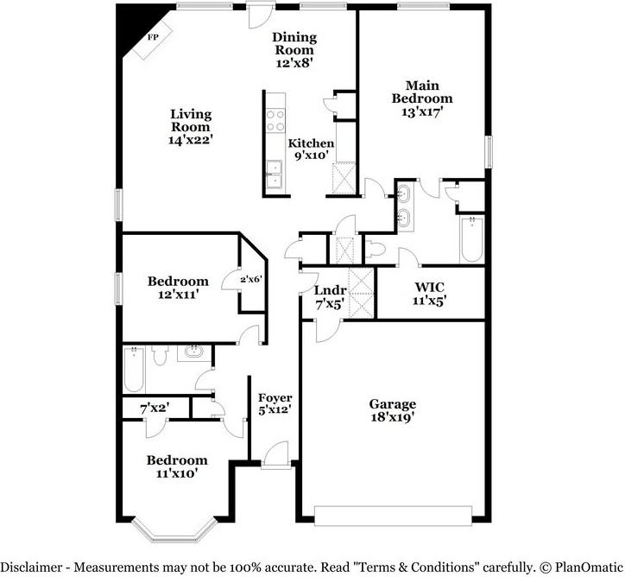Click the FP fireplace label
click(154, 37)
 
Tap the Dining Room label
click(294, 49)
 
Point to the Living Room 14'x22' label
click(191, 126)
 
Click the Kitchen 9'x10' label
click(311, 150)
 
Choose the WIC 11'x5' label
click(430, 294)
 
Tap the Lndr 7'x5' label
click(330, 298)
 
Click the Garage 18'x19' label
click(393, 410)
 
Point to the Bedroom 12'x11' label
click(178, 288)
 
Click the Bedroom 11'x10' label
click(177, 466)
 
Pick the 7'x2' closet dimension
click(155, 406)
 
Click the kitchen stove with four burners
click(275, 119)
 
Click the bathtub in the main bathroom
click(471, 239)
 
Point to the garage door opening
click(395, 516)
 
